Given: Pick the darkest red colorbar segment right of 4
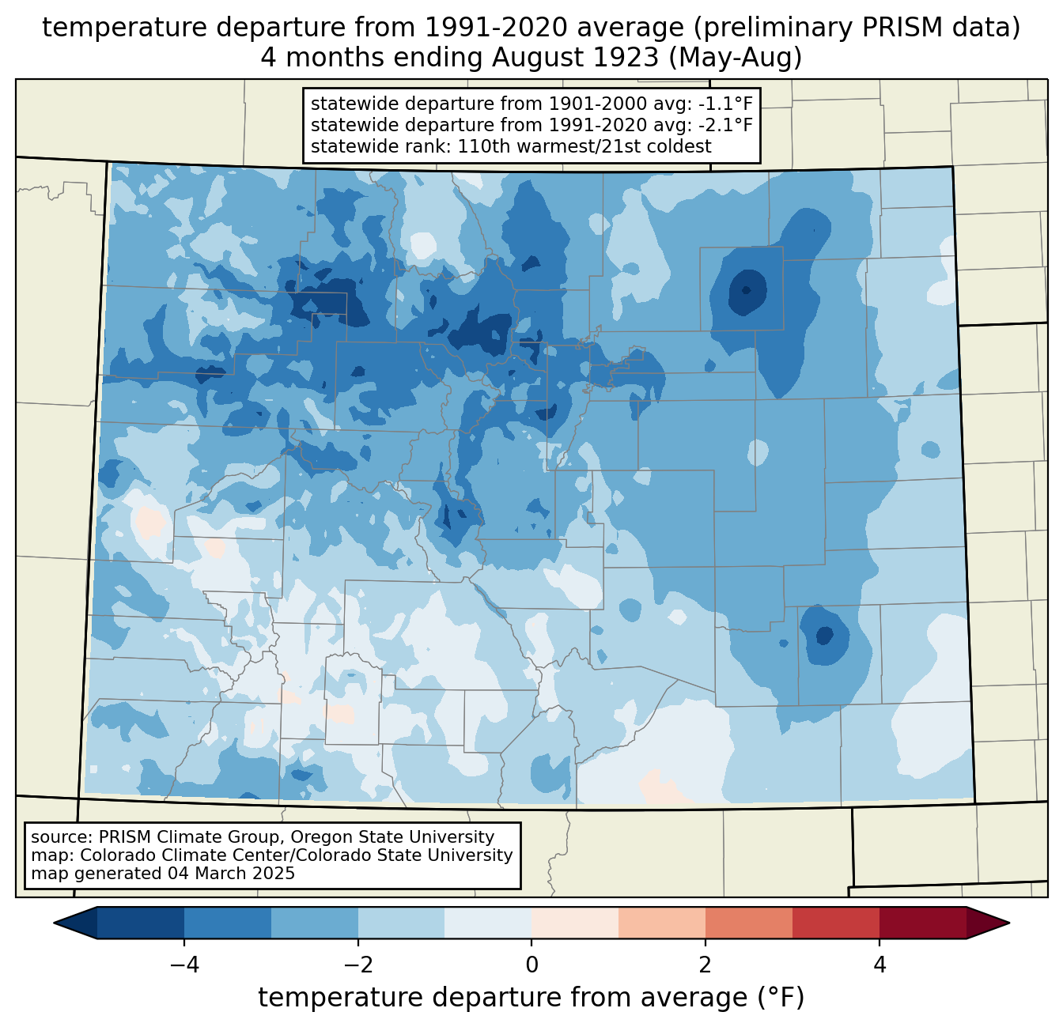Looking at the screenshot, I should [x=922, y=923].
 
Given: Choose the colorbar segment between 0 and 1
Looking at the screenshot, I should [x=575, y=923].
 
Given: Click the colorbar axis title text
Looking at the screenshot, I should [x=531, y=998].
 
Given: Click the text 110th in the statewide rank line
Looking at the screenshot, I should [x=479, y=146].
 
